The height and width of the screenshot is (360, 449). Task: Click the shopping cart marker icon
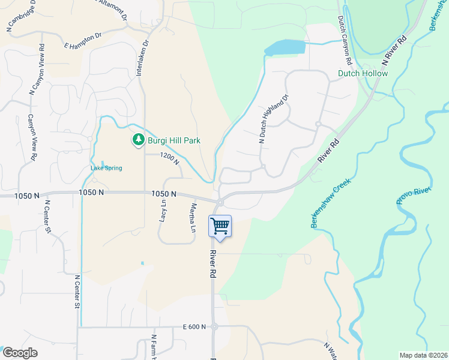[x=220, y=227]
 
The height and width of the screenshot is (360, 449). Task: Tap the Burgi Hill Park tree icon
[x=139, y=140]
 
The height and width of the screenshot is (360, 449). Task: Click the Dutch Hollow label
[x=363, y=73]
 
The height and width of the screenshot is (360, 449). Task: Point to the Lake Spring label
[x=106, y=168]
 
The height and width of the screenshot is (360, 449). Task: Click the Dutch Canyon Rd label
[x=343, y=41]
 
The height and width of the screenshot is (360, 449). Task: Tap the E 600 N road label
[x=194, y=327]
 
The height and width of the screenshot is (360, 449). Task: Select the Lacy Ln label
[x=163, y=212]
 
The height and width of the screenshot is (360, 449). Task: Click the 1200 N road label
[x=169, y=158]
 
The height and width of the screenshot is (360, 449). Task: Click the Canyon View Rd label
[x=32, y=139]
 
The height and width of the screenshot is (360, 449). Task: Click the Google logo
[x=20, y=353]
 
